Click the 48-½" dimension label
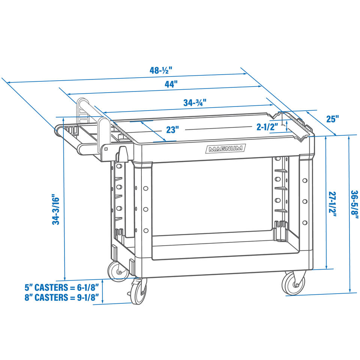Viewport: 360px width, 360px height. point(161,70)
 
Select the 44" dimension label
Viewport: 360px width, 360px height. point(171,84)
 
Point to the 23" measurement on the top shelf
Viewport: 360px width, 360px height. point(172,130)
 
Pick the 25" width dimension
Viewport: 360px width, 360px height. point(333,119)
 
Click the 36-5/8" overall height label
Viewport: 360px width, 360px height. point(354,204)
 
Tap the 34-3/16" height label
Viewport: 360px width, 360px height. point(56,209)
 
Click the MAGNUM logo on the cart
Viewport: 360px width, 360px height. point(225,149)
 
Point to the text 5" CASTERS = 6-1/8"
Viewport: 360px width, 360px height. point(62,287)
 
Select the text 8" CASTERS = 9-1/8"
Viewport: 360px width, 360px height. point(62,297)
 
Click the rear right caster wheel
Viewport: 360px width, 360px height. point(294,284)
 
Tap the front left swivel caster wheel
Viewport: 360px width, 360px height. point(138,291)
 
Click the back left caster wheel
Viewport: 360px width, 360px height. point(118,271)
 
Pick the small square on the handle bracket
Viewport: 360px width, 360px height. point(106,149)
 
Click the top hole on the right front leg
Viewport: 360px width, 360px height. point(305,180)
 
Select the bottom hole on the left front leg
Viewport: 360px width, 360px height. point(145,230)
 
